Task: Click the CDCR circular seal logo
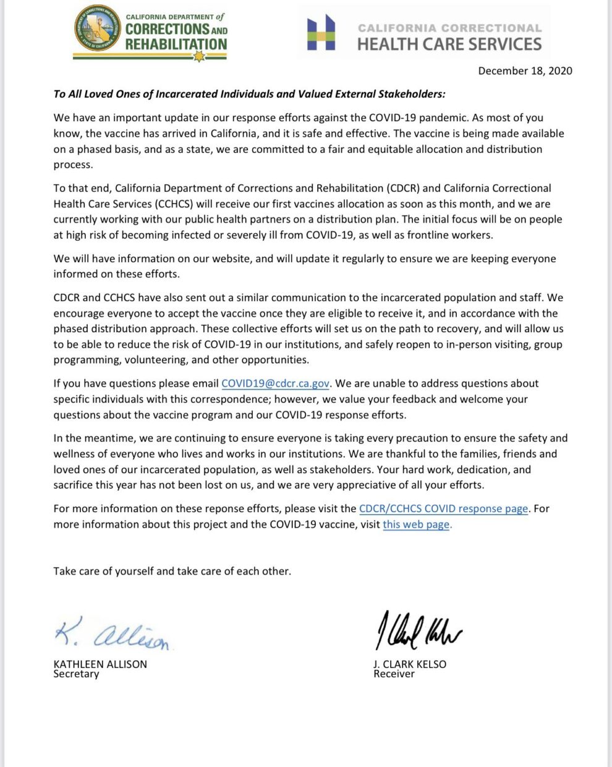tap(98, 29)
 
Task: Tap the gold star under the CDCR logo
tap(198, 56)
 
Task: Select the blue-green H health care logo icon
tap(321, 33)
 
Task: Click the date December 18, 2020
tap(525, 71)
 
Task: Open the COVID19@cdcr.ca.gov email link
tap(275, 383)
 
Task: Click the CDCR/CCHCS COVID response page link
tap(443, 508)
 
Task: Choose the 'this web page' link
tap(417, 525)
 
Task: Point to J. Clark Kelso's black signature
tap(419, 630)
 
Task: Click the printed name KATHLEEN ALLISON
tap(100, 664)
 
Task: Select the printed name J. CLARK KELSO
tap(409, 664)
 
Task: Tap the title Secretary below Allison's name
tap(76, 674)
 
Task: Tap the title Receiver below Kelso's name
tap(394, 674)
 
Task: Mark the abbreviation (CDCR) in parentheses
tap(403, 188)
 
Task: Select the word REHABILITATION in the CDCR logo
tap(176, 44)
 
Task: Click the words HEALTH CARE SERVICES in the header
tap(449, 44)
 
